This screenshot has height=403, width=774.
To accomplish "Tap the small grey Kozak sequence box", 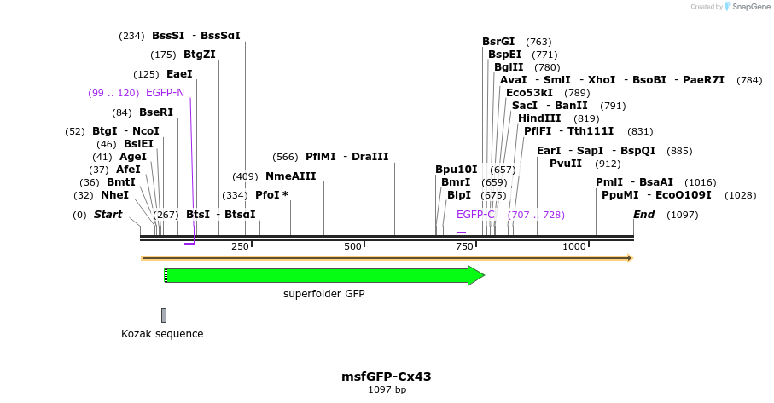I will (164, 315).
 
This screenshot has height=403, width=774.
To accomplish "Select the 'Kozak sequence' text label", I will (162, 334).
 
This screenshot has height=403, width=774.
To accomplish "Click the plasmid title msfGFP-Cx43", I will (387, 377).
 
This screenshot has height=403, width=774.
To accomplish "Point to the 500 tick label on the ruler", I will (352, 246).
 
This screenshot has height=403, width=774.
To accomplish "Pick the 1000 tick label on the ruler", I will (573, 246).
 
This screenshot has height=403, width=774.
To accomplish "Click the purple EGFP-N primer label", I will (165, 93).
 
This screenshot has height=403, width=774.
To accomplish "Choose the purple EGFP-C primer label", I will (475, 215).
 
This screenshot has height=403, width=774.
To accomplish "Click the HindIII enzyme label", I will (539, 118).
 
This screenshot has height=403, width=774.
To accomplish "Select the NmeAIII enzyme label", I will (290, 176).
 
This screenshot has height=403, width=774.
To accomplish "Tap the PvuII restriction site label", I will (566, 164).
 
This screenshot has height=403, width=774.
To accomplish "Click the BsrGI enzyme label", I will (498, 42).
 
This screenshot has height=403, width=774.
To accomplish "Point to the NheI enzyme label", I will (114, 195).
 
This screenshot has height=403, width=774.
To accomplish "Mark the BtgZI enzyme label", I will (200, 55).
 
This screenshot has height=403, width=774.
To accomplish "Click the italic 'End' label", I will (643, 215).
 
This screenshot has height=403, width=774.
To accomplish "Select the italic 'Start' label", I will (108, 215).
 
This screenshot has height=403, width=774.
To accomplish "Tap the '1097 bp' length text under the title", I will (387, 390).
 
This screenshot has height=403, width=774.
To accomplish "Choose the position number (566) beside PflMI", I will (284, 157).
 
